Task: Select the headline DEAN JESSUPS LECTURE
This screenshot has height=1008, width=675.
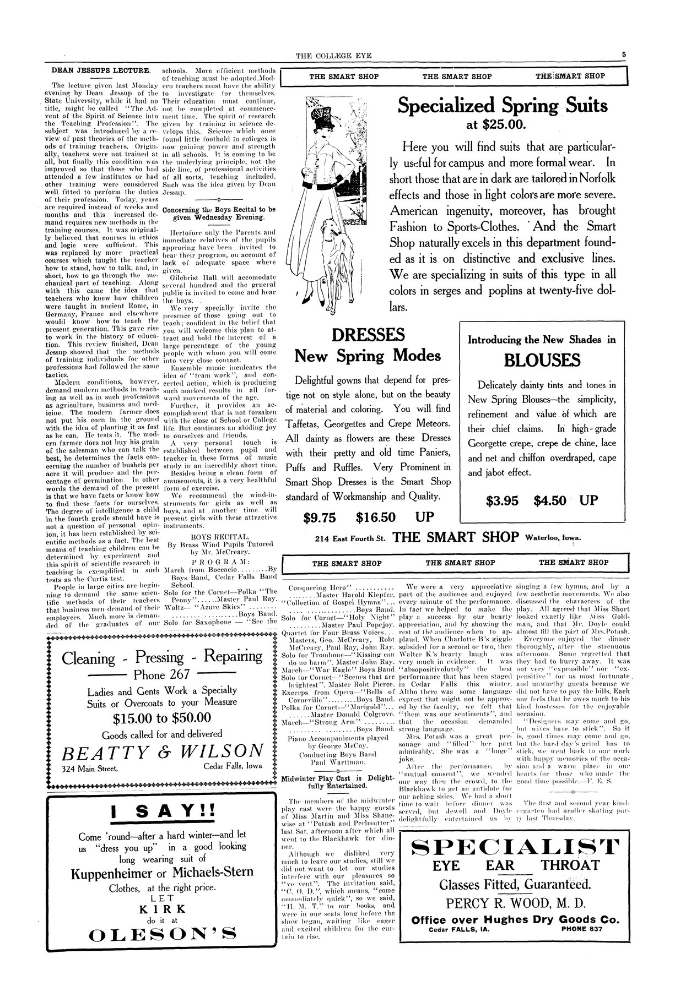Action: (101, 70)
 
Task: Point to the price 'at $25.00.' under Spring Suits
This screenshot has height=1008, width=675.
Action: (496, 125)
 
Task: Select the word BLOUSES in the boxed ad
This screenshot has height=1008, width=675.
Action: (542, 361)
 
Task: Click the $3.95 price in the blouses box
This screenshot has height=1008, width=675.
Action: (503, 501)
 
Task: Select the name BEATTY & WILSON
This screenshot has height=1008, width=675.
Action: (163, 751)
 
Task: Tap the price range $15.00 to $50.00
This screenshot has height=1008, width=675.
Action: (161, 717)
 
